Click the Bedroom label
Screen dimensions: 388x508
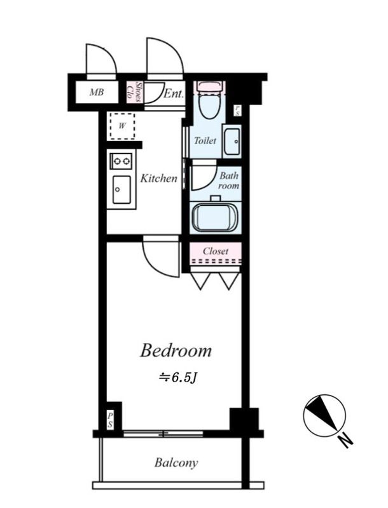176,351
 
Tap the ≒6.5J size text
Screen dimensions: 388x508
177,378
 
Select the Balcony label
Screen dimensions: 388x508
176,463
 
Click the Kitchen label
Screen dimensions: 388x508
159,178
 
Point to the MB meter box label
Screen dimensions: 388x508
97,92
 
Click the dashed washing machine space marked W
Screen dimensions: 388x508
122,126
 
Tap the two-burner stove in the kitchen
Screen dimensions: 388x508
121,161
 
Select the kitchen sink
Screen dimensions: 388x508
121,189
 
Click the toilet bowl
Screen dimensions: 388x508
209,100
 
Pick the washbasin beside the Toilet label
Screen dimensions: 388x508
232,142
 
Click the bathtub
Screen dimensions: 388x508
215,217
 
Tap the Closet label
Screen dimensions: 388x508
216,251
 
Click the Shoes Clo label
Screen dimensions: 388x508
135,92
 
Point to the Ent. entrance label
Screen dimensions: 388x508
174,94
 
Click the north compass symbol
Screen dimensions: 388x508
324,415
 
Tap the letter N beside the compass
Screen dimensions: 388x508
346,441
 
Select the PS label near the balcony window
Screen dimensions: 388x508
111,420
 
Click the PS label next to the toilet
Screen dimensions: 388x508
237,110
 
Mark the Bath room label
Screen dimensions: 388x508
229,181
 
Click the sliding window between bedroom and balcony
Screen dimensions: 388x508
163,434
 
